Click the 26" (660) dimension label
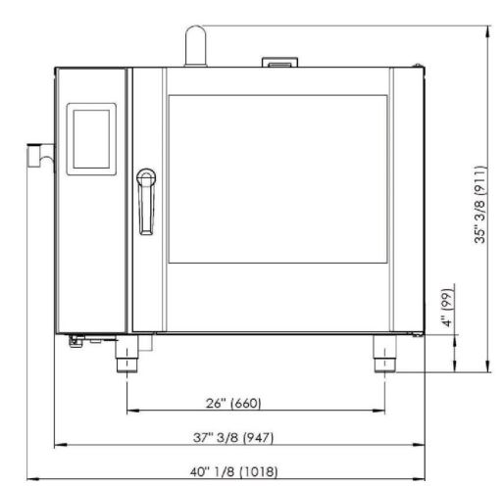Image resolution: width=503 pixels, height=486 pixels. (x=233, y=403)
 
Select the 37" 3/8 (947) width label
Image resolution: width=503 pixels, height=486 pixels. (x=233, y=437)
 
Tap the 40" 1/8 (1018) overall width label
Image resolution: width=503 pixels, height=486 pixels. (x=233, y=471)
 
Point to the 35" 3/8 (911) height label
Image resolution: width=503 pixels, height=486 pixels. (x=480, y=205)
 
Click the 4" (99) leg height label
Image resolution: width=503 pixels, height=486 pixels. (x=447, y=308)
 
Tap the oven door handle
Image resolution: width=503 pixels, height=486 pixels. (x=146, y=202)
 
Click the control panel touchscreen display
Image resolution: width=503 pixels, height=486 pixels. (x=91, y=139)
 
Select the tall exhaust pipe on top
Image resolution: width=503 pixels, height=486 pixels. (x=196, y=46)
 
